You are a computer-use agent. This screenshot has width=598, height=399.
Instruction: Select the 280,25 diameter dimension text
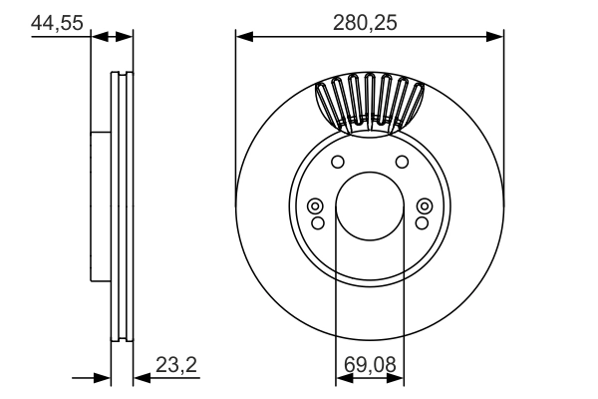point(370,21)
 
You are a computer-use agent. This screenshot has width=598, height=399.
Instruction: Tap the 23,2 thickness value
point(178,366)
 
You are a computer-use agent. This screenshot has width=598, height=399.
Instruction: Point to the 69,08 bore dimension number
point(369,366)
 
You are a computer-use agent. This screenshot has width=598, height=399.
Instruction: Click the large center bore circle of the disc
point(369,206)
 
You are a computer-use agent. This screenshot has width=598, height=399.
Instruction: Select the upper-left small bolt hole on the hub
point(337,163)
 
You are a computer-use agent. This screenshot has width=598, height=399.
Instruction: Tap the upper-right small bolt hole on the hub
point(402,163)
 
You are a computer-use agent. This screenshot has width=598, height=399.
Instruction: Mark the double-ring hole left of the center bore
point(317,206)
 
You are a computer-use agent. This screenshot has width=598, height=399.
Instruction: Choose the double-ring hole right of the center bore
point(422,206)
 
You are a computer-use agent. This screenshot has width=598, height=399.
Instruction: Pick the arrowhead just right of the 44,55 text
point(98,37)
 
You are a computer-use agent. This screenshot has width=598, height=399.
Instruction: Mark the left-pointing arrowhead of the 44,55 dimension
point(126,37)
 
